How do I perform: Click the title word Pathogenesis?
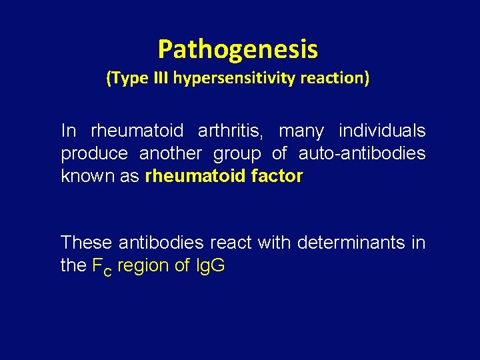pos(238,49)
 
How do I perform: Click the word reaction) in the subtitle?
pos(337,79)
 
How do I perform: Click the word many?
pos(301,131)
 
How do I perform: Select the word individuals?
pos(382,131)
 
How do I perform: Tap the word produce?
pos(95,154)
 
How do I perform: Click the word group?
pos(237,154)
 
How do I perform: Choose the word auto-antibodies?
pos(362,154)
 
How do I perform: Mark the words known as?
pos(101,177)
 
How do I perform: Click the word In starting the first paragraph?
pos(68,131)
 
